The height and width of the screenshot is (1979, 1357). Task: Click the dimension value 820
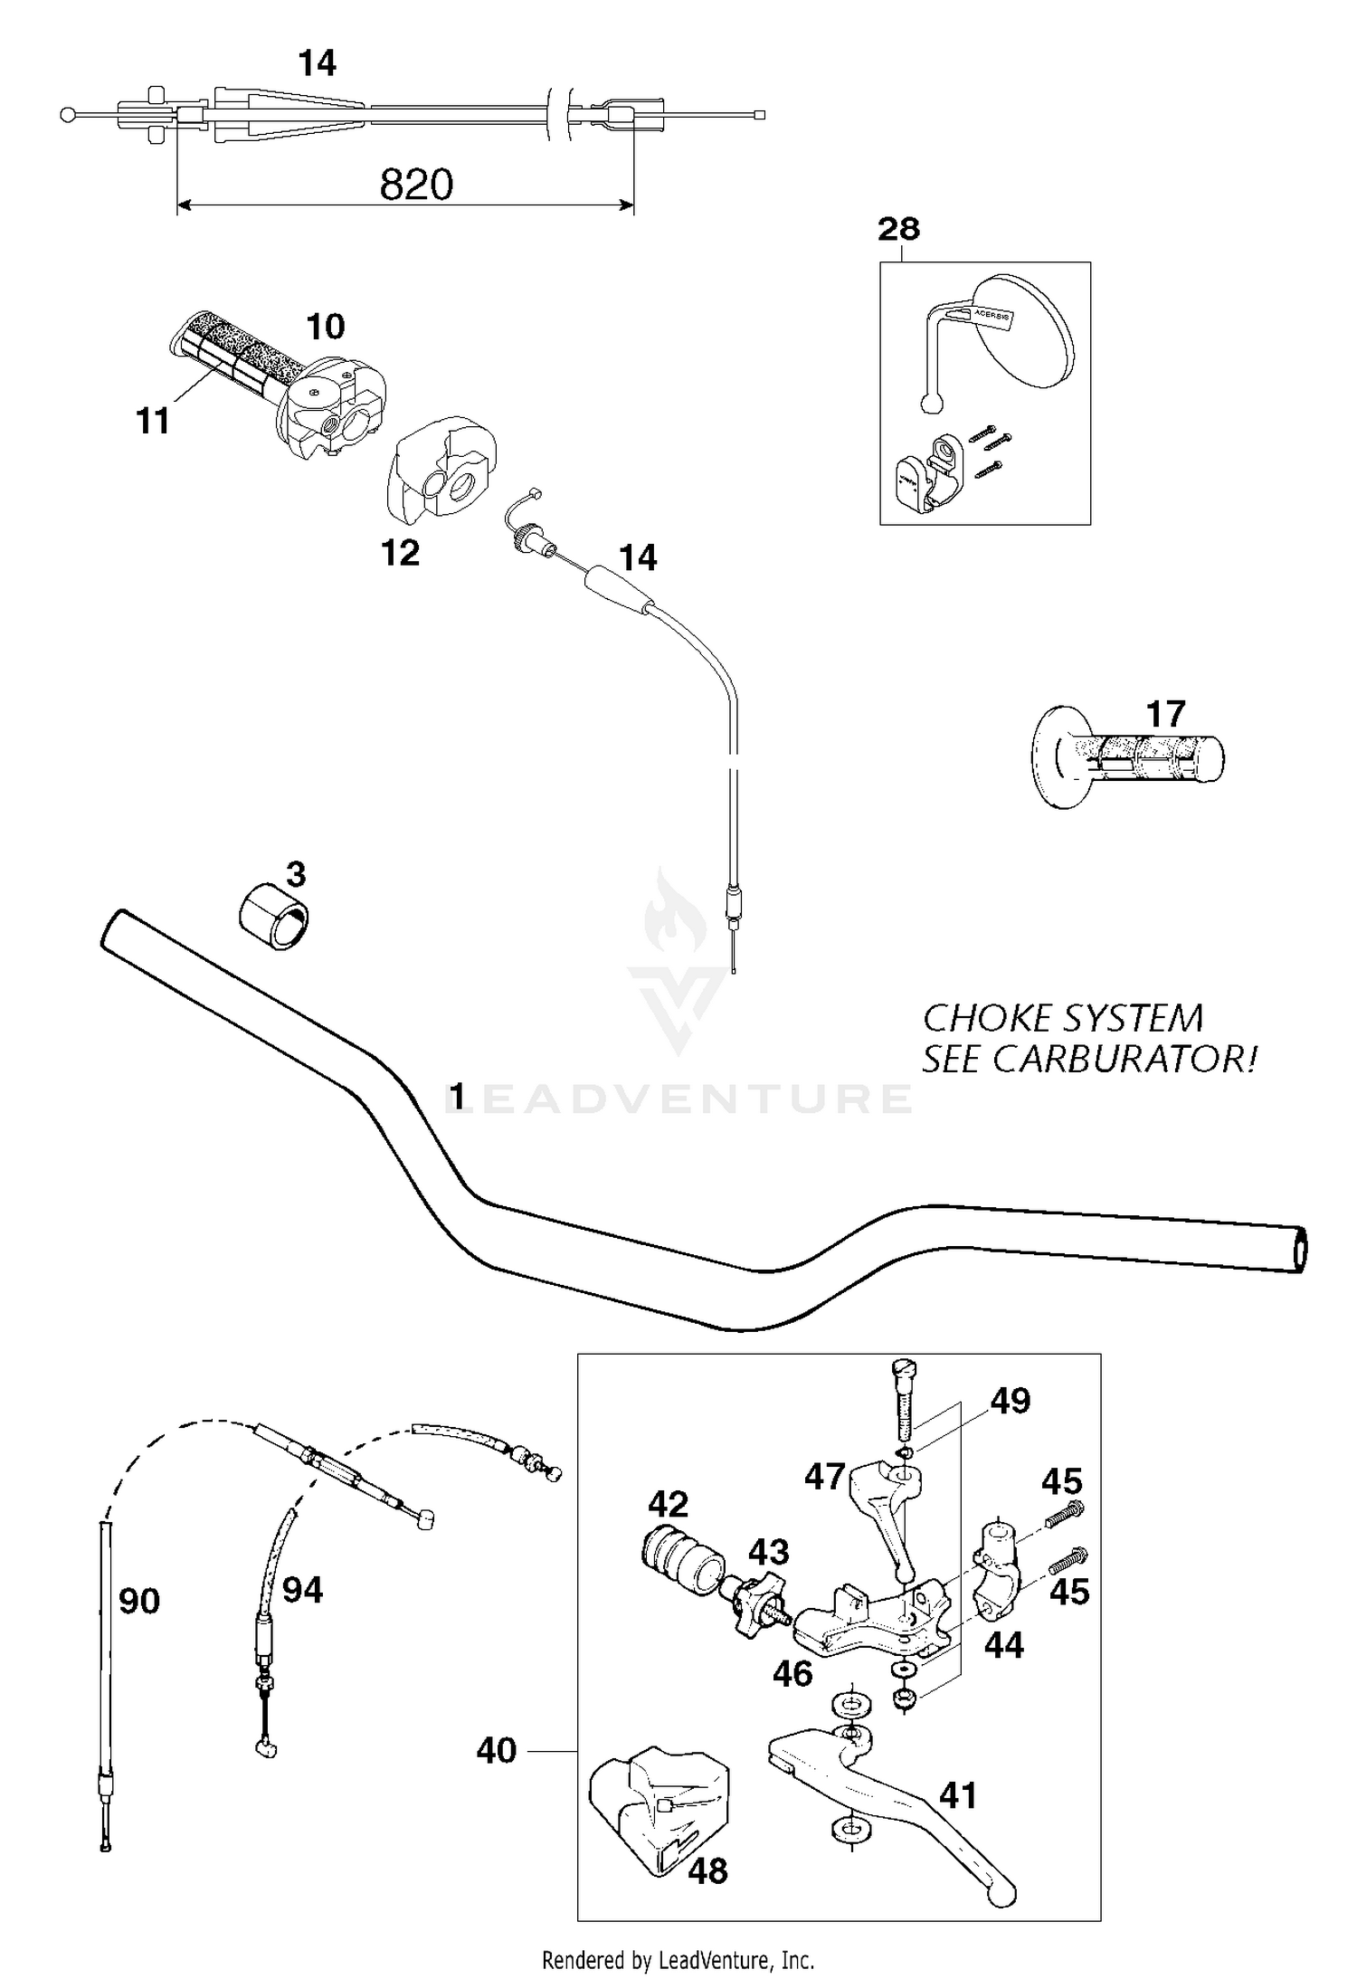416,185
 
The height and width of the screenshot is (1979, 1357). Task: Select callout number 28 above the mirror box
898,229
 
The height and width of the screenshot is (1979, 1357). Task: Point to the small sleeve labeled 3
273,918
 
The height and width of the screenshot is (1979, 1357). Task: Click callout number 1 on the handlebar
458,1097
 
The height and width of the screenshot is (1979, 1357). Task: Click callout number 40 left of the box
497,1751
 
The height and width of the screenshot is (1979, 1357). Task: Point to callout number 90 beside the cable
139,1601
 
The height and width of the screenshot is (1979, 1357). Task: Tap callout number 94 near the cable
302,1590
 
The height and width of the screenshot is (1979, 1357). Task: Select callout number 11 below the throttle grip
153,422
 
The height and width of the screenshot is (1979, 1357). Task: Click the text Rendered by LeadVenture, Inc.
678,1960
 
